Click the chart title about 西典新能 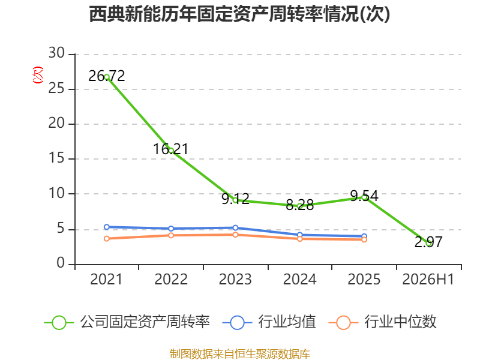(239, 14)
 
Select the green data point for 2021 (107, 77)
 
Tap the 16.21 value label (170, 149)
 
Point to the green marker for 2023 (235, 200)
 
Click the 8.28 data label (299, 205)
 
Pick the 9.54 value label (364, 196)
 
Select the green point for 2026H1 (428, 243)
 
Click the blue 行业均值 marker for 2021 (107, 227)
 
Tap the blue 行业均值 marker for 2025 (364, 236)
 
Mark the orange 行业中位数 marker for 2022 (171, 235)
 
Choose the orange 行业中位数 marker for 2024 (300, 238)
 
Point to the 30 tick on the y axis (56, 53)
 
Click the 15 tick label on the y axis (56, 158)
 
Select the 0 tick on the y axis (61, 263)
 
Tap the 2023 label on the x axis (235, 279)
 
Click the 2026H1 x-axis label (428, 279)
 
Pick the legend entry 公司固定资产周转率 (127, 322)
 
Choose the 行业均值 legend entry (269, 322)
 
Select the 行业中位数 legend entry (382, 322)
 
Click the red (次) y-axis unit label (38, 75)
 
